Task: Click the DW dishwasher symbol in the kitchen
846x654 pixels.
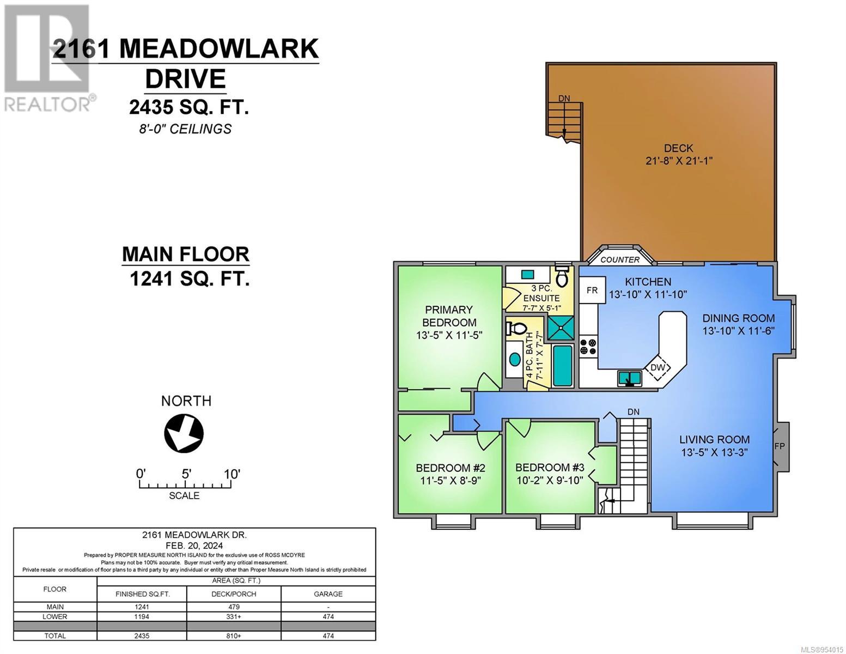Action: [x=658, y=367]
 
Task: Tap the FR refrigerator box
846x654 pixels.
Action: [x=592, y=290]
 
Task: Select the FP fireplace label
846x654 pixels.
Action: [x=779, y=446]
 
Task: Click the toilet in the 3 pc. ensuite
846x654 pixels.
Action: [x=562, y=276]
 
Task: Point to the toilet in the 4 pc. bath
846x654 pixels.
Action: [x=516, y=328]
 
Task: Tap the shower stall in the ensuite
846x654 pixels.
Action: [x=561, y=328]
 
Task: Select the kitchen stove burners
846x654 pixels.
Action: [x=588, y=347]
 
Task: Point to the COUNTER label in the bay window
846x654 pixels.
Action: [x=620, y=259]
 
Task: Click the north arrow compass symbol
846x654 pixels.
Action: [x=184, y=433]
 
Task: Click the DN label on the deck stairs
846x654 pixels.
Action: [x=564, y=99]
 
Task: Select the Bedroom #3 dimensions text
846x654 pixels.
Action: [x=550, y=480]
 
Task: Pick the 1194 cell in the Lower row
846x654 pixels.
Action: [x=142, y=616]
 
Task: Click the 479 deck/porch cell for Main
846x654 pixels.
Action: [x=234, y=607]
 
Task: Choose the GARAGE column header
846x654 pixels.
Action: [x=328, y=594]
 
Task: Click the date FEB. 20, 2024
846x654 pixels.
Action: [x=194, y=546]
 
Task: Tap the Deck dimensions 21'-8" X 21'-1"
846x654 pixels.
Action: [x=679, y=161]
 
